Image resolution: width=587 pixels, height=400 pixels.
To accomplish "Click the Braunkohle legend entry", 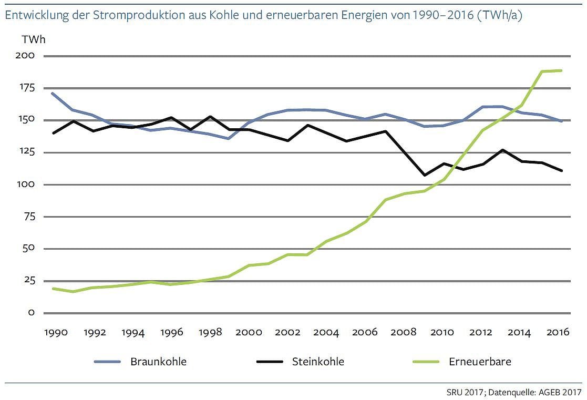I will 158,362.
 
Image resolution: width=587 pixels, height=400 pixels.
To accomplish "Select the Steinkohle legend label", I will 318,362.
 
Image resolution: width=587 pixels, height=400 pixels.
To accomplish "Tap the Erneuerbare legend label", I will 480,362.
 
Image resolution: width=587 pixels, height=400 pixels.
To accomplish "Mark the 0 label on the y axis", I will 31,313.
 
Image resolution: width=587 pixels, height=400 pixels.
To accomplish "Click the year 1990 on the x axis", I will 55,333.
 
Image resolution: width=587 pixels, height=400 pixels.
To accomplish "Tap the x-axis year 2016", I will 560,333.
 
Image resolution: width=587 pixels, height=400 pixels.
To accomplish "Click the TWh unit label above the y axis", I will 30,39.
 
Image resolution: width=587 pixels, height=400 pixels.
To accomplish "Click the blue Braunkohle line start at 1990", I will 53,93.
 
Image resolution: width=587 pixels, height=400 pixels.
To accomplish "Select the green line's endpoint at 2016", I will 561,70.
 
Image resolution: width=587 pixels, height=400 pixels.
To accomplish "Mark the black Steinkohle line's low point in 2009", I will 425,175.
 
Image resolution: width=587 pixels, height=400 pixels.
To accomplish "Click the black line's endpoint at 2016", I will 561,171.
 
